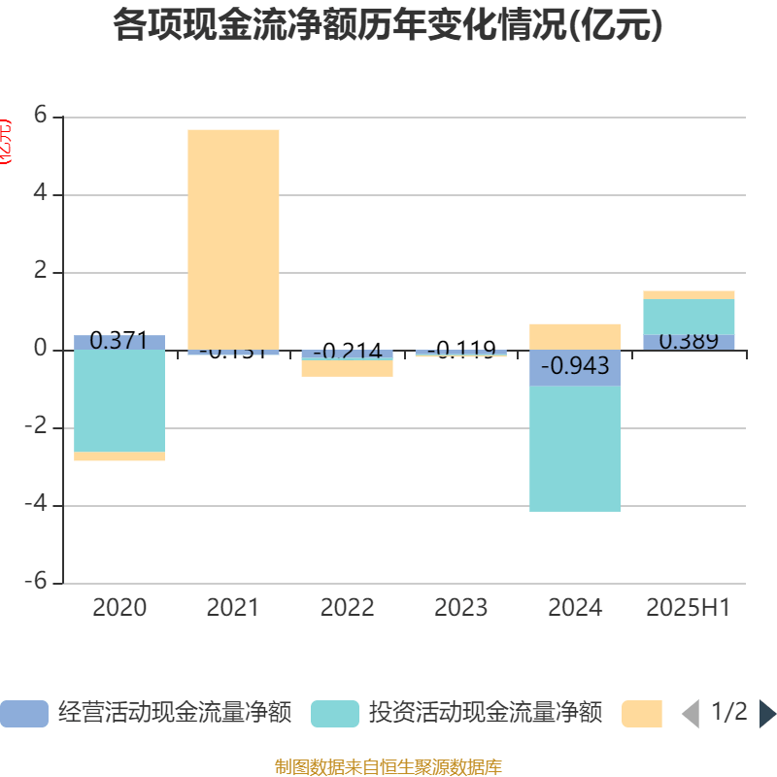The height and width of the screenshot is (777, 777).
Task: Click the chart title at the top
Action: tap(388, 25)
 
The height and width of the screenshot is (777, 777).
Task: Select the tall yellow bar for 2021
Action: tap(233, 238)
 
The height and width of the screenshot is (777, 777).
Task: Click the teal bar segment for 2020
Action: tap(119, 400)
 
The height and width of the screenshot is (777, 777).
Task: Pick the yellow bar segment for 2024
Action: tap(575, 336)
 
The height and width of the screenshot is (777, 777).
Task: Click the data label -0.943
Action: tap(575, 366)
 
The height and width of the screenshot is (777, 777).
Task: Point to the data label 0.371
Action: tap(118, 340)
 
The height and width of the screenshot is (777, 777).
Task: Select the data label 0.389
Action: tap(689, 341)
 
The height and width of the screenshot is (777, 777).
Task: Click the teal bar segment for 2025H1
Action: tap(689, 317)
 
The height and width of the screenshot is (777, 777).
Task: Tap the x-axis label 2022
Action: tap(347, 608)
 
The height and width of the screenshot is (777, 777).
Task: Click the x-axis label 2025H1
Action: tap(689, 608)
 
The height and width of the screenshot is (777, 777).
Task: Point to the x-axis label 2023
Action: tap(460, 608)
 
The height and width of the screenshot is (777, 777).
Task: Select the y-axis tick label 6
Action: tap(41, 116)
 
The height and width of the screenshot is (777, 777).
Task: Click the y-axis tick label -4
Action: tap(35, 505)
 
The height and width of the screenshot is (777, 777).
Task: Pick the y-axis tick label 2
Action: tap(41, 271)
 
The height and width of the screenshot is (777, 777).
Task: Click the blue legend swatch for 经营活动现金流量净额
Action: tap(23, 714)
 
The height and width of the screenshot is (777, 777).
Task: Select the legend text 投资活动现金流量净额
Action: tap(486, 714)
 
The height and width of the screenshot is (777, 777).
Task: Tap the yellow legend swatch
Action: tap(641, 714)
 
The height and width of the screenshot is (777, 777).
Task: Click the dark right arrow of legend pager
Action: tap(766, 714)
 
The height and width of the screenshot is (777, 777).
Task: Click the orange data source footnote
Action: tap(388, 767)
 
